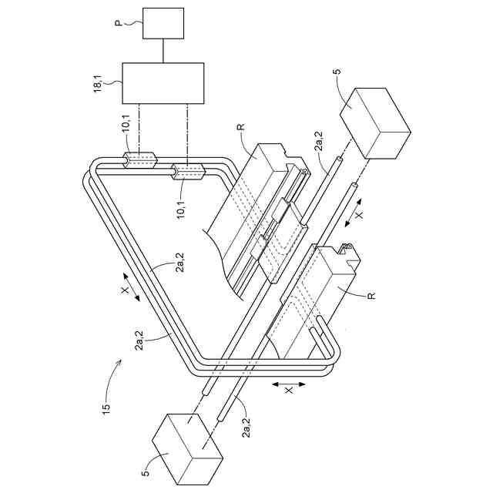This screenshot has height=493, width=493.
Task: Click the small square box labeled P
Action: [163, 24]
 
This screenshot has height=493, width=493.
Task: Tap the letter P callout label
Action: [119, 24]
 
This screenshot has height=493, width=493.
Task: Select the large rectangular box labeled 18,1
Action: [163, 83]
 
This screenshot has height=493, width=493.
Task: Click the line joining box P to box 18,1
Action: [163, 52]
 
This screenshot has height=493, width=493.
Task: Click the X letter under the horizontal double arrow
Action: [290, 391]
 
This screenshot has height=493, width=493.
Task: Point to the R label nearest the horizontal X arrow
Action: [371, 296]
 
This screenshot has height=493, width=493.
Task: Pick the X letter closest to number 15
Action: [125, 292]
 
